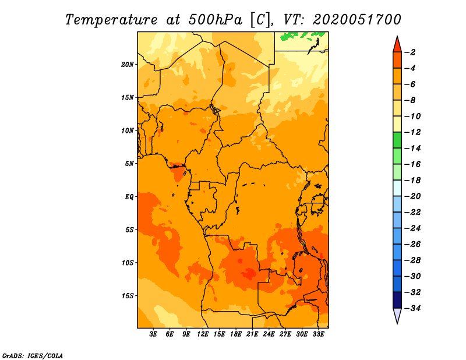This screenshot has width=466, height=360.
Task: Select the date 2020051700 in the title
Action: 357,19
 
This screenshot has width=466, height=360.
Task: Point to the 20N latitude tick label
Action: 128,64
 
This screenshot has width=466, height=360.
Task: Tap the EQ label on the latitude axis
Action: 129,196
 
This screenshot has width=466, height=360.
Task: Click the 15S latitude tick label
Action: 128,295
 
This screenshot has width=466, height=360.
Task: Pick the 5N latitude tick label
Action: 129,163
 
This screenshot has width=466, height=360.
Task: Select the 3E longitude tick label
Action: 153,335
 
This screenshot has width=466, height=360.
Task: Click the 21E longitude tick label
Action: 252,335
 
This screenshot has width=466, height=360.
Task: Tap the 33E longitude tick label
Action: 318,335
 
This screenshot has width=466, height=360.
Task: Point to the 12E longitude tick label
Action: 203,335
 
